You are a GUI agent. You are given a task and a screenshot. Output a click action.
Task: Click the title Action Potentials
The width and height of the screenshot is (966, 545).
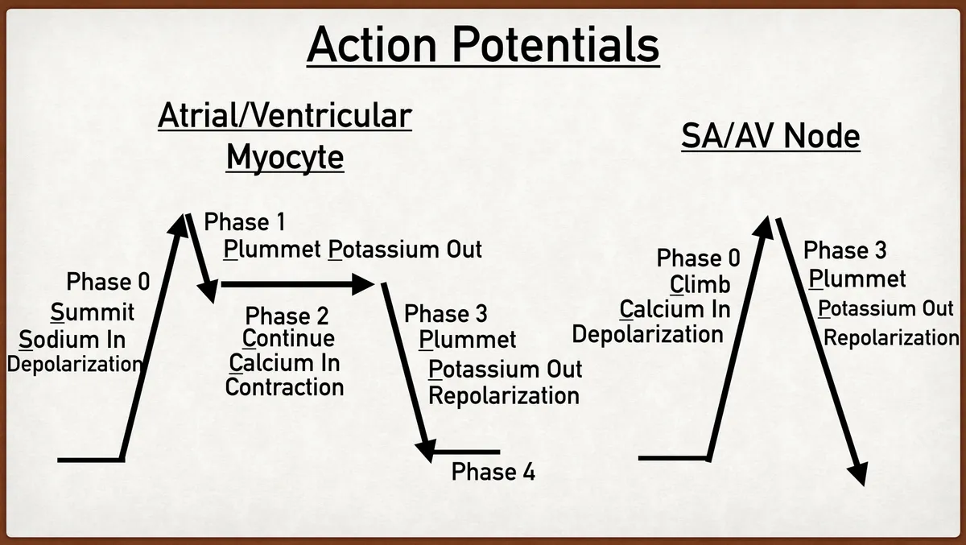(x=483, y=44)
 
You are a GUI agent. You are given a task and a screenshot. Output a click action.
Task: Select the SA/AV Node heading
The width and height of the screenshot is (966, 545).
(x=770, y=137)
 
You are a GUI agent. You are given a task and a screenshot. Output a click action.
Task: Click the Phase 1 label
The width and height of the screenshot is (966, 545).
(x=245, y=222)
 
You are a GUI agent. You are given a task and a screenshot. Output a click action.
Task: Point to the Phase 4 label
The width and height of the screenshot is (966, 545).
(x=493, y=472)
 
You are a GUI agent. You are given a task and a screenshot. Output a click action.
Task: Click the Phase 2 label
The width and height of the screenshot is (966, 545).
(x=287, y=315)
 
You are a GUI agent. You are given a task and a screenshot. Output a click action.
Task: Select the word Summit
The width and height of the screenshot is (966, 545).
(x=93, y=312)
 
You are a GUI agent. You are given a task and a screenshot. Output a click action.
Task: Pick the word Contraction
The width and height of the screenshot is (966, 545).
(x=284, y=387)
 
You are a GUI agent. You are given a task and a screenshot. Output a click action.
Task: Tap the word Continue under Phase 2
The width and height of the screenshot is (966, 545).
(x=288, y=339)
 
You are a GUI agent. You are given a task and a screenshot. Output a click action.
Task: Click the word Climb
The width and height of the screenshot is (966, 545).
(x=700, y=285)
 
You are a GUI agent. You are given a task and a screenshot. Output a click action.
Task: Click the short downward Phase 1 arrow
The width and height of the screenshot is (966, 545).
(x=201, y=258)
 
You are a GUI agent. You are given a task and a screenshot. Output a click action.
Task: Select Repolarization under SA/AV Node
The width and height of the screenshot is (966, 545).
(x=890, y=336)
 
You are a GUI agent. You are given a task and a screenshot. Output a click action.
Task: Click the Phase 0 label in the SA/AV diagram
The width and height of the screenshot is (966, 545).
(x=698, y=258)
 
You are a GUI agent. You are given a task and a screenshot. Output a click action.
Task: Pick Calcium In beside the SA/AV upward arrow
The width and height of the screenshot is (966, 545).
(x=675, y=310)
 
